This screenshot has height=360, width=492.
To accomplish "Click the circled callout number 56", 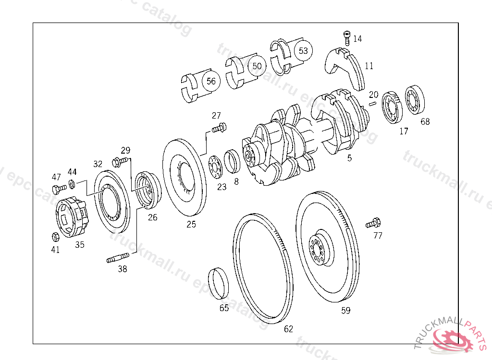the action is point(211,81).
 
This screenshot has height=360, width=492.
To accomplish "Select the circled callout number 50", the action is point(257,66).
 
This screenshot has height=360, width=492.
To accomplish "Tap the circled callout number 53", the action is point(303,50).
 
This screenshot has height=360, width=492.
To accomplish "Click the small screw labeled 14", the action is point(347,38).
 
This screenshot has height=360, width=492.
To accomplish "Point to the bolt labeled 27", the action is point(219,128).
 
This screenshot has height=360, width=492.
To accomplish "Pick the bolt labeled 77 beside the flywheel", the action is point(373,223).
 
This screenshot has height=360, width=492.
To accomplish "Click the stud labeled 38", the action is point(118,257).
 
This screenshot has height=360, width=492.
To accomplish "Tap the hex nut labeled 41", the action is point(55,237).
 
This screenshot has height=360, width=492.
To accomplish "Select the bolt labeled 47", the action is point(59,189).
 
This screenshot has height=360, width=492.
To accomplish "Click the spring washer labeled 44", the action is point(72,184).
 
